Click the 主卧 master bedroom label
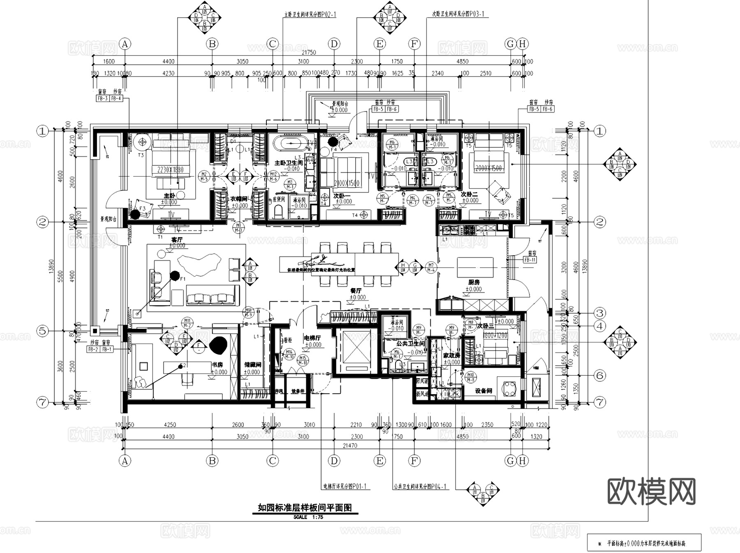pyautogui.click(x=169, y=196)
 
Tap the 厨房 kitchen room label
pyautogui.click(x=474, y=282)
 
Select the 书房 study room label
pyautogui.click(x=217, y=365)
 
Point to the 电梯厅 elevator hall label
pyautogui.click(x=312, y=338)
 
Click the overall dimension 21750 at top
pyautogui.click(x=309, y=53)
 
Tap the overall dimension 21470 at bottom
pyautogui.click(x=350, y=445)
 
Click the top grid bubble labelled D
pyautogui.click(x=334, y=44)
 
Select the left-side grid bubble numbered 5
pyautogui.click(x=43, y=331)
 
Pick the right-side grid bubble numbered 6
pyautogui.click(x=600, y=375)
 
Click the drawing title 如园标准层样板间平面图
pyautogui.click(x=305, y=508)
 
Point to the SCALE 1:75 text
pyautogui.click(x=308, y=517)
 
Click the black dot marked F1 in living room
pyautogui.click(x=175, y=275)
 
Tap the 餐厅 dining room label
pyautogui.click(x=356, y=291)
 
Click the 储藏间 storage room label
pyautogui.click(x=252, y=365)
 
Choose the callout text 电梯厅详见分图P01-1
pyautogui.click(x=345, y=487)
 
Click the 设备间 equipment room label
pyautogui.click(x=483, y=391)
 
